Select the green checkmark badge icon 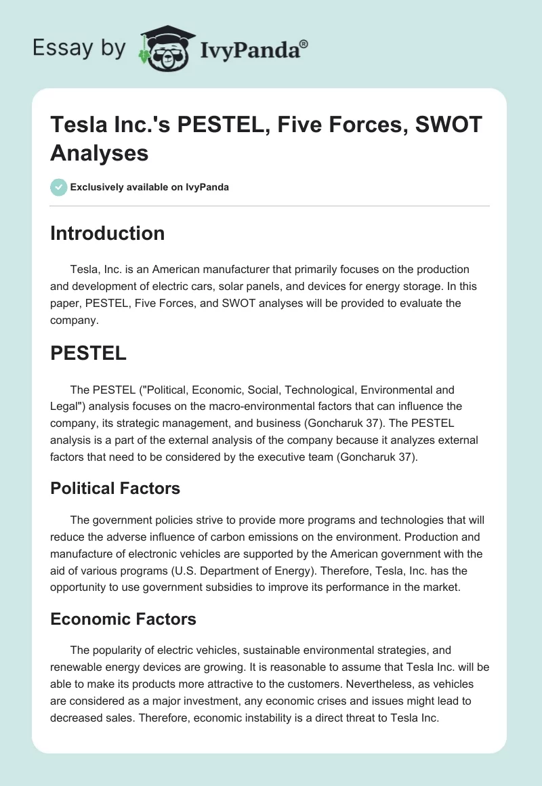pyautogui.click(x=59, y=188)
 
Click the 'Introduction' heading pyautogui.click(x=108, y=233)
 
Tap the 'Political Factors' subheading pyautogui.click(x=115, y=488)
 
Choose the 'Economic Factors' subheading pyautogui.click(x=123, y=619)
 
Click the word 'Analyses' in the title pyautogui.click(x=99, y=153)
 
